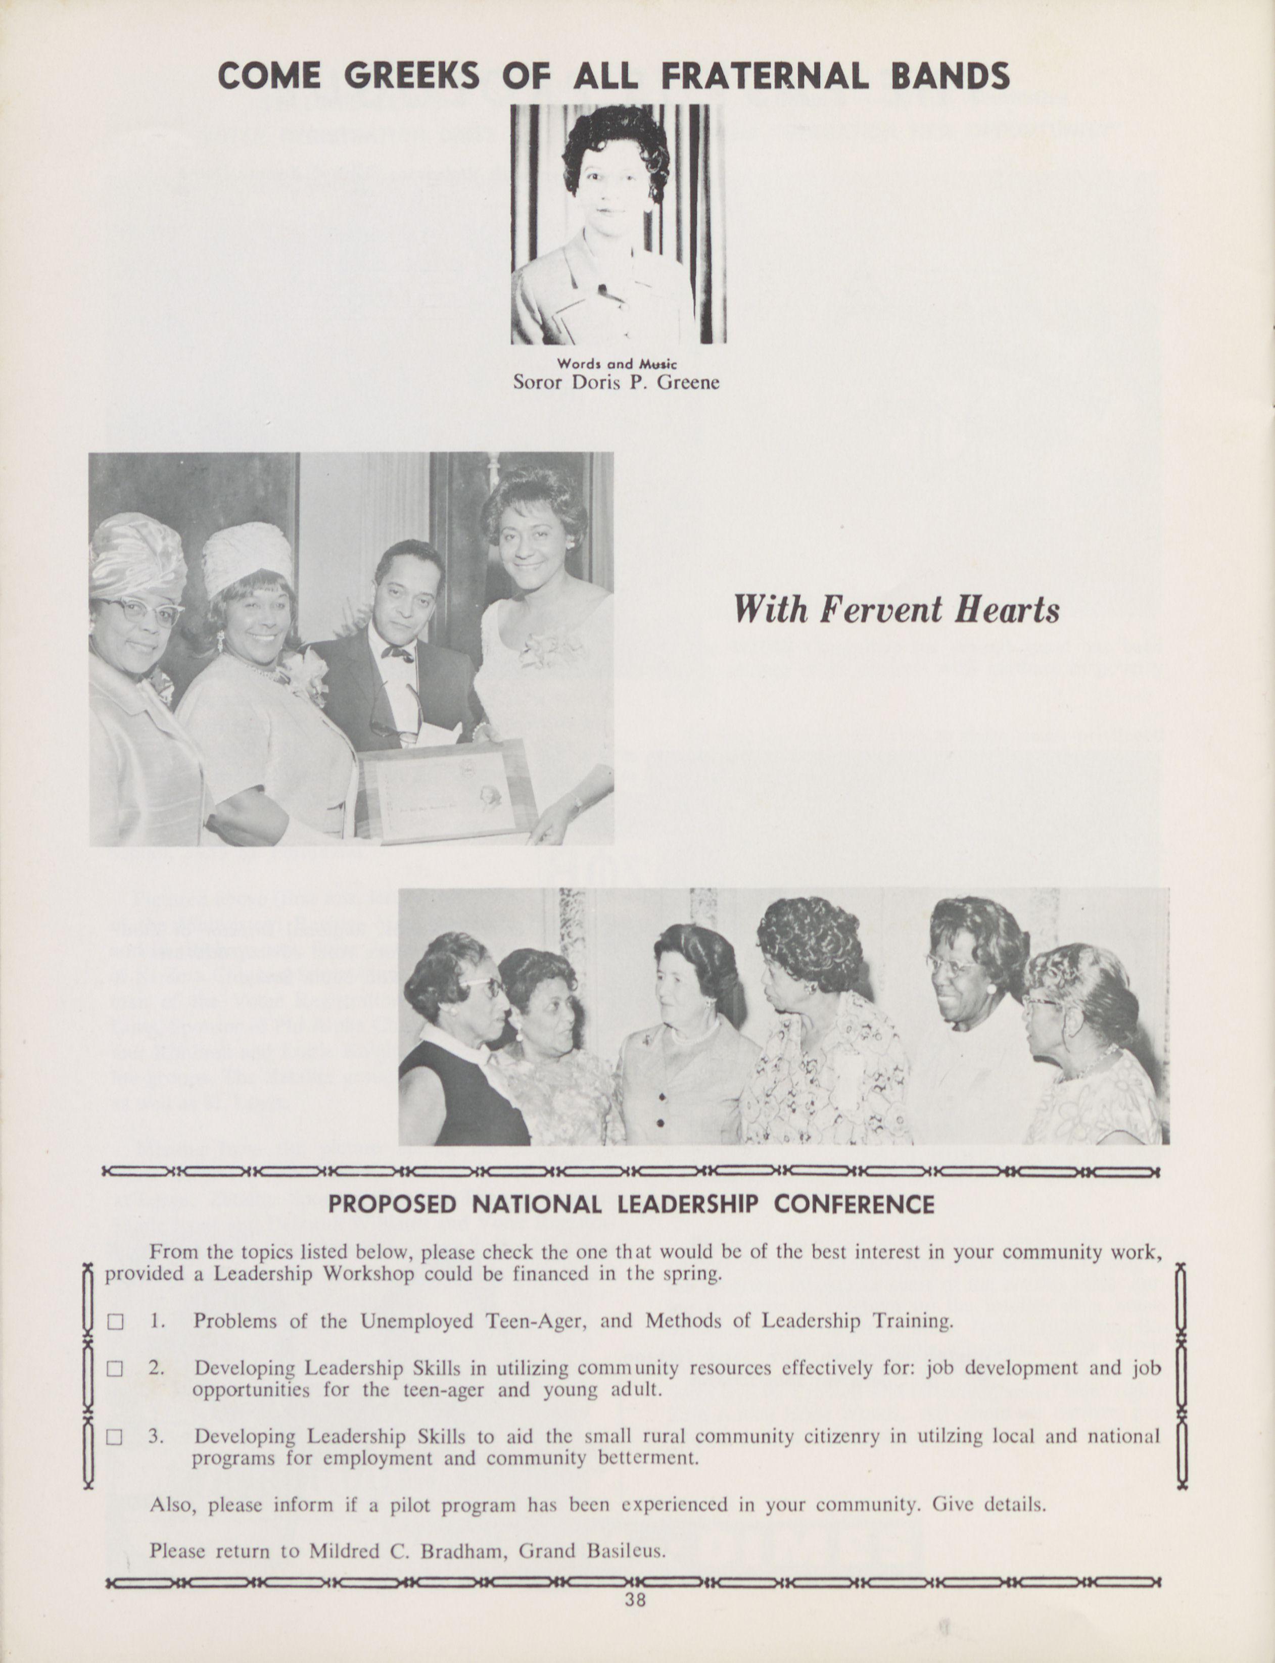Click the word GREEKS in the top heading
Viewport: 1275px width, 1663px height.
(411, 76)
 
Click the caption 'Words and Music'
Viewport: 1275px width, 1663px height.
(617, 365)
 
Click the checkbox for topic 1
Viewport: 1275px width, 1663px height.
(115, 1322)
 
